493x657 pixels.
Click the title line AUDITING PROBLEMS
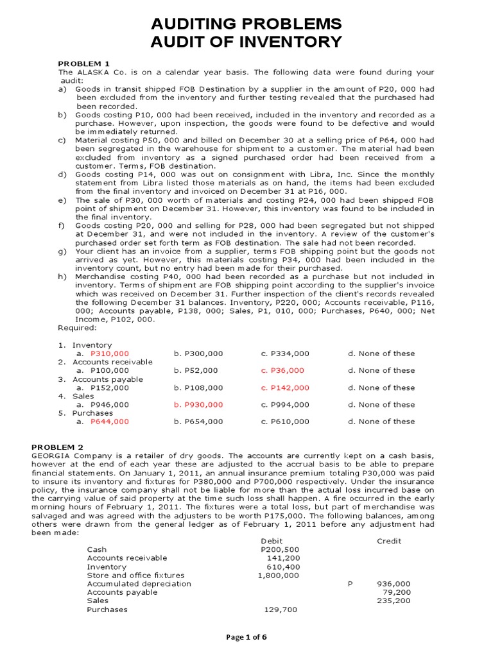246,24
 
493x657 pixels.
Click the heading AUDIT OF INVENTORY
246,43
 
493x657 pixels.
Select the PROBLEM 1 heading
84,64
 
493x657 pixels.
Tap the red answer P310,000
110,354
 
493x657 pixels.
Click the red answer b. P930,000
198,405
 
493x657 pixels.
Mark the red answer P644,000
110,422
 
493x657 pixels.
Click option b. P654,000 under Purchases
198,422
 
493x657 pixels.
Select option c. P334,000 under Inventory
285,354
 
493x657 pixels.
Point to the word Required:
78,328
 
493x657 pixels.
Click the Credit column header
389,541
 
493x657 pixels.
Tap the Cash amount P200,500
279,550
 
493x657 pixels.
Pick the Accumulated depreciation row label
139,584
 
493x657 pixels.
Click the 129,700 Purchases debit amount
281,610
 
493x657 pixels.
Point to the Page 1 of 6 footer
246,637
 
